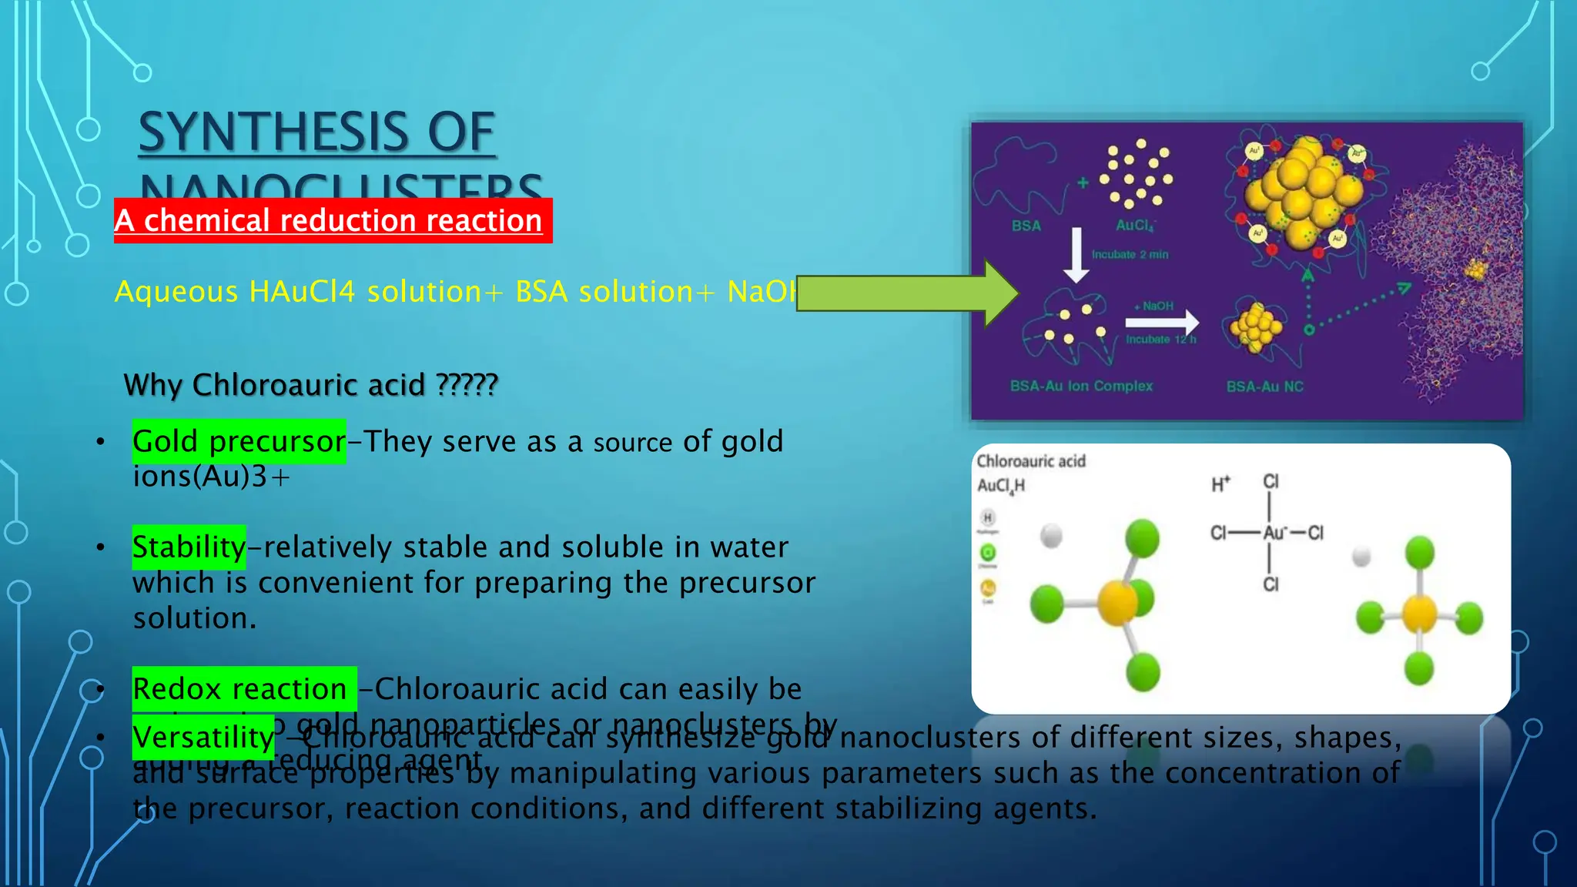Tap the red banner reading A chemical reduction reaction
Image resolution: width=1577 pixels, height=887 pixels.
point(333,221)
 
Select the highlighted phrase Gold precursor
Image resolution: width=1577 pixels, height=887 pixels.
point(239,441)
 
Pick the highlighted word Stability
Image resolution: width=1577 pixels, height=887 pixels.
point(189,547)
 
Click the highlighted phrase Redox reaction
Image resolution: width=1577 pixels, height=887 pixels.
point(241,688)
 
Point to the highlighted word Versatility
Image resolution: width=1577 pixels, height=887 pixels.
point(203,737)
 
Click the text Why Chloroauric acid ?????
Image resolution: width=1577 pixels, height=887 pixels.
point(310,384)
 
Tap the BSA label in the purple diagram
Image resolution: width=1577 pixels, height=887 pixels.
point(1026,226)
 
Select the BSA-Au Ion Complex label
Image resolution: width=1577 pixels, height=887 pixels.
point(1081,386)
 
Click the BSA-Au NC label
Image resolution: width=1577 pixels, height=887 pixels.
point(1264,387)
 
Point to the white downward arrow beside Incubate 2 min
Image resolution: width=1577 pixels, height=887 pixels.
point(1076,254)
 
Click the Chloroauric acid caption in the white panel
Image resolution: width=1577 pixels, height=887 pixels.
point(1031,461)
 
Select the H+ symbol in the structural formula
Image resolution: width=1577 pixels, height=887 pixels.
point(1220,484)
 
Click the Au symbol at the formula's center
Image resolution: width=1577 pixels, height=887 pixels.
point(1274,533)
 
